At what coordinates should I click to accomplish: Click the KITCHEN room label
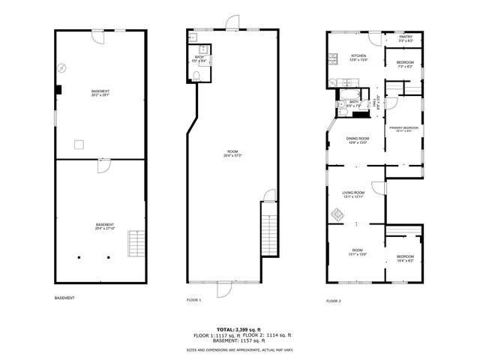(358, 56)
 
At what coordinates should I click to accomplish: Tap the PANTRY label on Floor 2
(405, 37)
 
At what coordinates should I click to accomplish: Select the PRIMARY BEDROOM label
(403, 128)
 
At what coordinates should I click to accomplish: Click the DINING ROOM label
(357, 139)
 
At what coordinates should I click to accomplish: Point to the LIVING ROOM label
(352, 193)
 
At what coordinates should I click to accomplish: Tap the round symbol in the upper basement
(62, 68)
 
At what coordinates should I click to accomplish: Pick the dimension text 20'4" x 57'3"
(232, 156)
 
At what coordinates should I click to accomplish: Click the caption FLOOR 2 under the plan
(333, 300)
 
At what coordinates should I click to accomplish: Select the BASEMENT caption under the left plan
(64, 298)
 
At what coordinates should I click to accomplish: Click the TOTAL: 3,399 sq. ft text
(239, 329)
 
